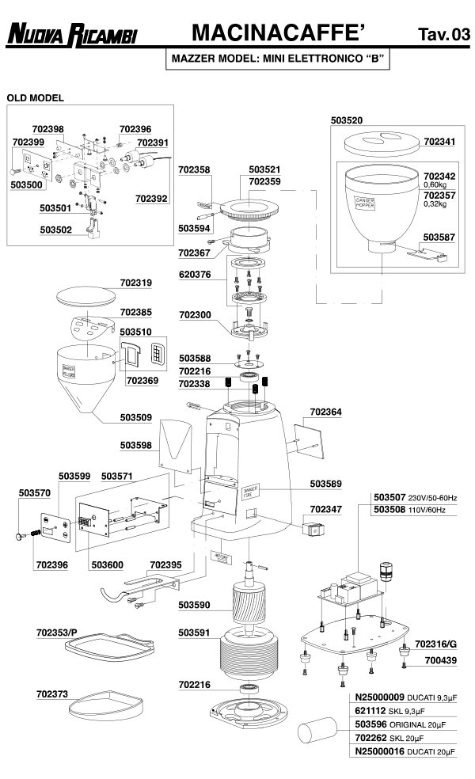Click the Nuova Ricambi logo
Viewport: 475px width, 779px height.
pyautogui.click(x=72, y=33)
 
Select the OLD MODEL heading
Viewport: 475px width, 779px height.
pyautogui.click(x=35, y=98)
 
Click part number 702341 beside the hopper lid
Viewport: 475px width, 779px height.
pyautogui.click(x=439, y=142)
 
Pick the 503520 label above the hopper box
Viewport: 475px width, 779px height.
pyautogui.click(x=346, y=120)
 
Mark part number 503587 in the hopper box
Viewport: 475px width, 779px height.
pyautogui.click(x=439, y=237)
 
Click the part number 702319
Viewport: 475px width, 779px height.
pyautogui.click(x=136, y=282)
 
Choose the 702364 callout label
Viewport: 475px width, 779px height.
pyautogui.click(x=325, y=412)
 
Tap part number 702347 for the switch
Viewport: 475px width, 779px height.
pyautogui.click(x=325, y=509)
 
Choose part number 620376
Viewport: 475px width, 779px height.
pyautogui.click(x=195, y=275)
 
